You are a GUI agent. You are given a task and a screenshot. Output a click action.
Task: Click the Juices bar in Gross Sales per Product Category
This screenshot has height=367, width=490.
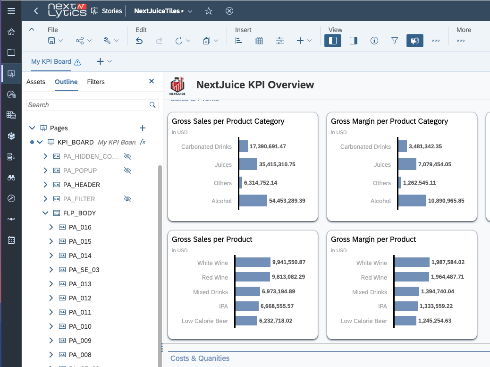point(248,164)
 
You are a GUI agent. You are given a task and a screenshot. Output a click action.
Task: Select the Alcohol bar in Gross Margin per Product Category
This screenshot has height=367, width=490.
point(412,201)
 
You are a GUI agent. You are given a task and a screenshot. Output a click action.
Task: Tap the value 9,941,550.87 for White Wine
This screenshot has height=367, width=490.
point(288,262)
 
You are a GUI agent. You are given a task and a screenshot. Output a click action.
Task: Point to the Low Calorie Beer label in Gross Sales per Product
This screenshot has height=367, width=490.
point(204,321)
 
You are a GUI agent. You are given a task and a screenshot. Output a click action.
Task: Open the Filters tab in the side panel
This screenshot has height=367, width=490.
point(96,82)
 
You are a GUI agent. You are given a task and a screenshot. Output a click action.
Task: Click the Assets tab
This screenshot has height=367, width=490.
point(36,82)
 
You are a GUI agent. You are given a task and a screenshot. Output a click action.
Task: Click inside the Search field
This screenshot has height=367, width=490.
point(87,105)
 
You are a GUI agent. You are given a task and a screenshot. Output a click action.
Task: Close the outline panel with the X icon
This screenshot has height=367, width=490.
point(152,81)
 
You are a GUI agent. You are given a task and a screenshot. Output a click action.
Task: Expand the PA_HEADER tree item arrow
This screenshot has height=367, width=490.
point(46,185)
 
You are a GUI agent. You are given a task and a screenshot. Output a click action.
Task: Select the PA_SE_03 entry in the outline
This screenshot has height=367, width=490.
point(84,270)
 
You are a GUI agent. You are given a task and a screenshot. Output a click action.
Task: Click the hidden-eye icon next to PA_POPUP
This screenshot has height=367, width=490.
point(127,171)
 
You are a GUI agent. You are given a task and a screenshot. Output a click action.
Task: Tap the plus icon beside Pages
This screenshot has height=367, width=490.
point(143,128)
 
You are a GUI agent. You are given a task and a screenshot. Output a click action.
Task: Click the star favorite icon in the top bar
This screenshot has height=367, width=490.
point(209,11)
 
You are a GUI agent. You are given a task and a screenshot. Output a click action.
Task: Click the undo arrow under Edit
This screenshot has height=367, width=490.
point(139,41)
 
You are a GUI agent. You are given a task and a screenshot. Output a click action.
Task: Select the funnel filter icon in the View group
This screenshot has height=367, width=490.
point(395,41)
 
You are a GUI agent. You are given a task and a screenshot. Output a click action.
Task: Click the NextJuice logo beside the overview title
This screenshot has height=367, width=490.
point(177,85)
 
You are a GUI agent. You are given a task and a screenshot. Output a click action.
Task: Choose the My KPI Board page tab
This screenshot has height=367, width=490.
point(51,61)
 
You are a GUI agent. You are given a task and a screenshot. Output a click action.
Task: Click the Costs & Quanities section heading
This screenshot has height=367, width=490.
point(200,358)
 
